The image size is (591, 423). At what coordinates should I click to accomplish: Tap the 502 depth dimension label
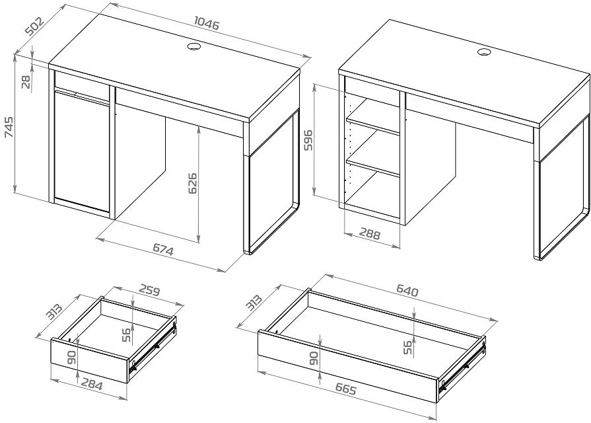pyautogui.click(x=35, y=25)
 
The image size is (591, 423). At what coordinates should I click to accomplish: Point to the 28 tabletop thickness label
pyautogui.click(x=26, y=82)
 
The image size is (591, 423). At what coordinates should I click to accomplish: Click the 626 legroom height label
pyautogui.click(x=192, y=183)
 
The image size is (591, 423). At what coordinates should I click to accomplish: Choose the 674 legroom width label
pyautogui.click(x=163, y=250)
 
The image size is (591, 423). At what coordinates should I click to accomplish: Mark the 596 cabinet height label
pyautogui.click(x=308, y=140)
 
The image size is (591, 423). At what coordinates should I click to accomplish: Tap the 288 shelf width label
pyautogui.click(x=370, y=234)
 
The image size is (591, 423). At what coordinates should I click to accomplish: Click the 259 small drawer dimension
pyautogui.click(x=150, y=290)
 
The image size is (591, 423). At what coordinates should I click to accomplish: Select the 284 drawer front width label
pyautogui.click(x=92, y=385)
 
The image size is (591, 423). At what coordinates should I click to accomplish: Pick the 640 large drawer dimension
pyautogui.click(x=407, y=290)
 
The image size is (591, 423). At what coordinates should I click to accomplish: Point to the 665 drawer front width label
pyautogui.click(x=345, y=389)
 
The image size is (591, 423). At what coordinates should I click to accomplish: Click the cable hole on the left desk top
pyautogui.click(x=193, y=47)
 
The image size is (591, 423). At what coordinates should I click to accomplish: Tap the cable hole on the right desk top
pyautogui.click(x=483, y=52)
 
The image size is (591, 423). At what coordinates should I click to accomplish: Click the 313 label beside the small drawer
pyautogui.click(x=53, y=312)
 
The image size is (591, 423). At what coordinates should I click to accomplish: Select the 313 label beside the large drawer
pyautogui.click(x=254, y=302)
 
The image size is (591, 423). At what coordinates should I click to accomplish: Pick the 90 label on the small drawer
pyautogui.click(x=71, y=357)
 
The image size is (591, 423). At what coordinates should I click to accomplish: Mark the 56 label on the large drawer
pyautogui.click(x=407, y=347)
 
